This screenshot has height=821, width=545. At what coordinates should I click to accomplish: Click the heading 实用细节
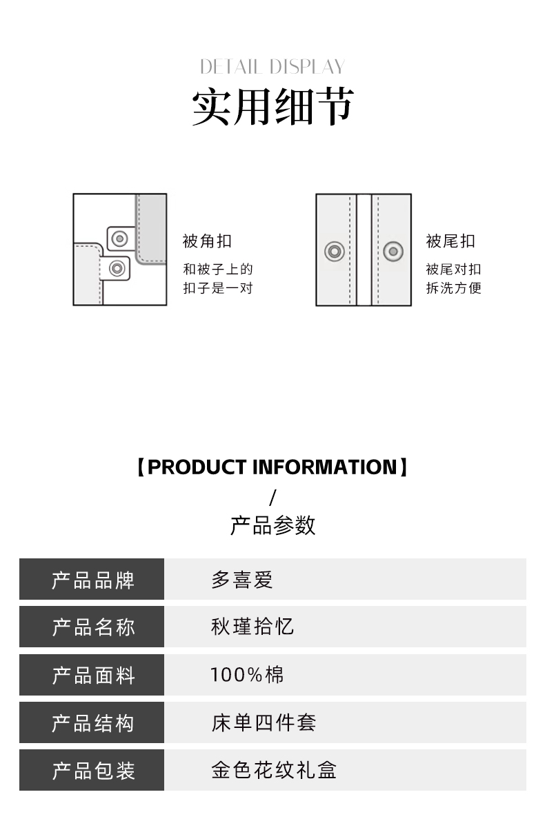coord(272,107)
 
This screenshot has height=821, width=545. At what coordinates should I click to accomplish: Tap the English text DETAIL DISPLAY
coord(272,67)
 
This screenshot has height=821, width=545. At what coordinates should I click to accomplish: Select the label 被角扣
coord(207,241)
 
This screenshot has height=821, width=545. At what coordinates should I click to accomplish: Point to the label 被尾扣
coord(450,241)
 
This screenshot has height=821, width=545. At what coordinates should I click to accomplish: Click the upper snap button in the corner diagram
coord(121,239)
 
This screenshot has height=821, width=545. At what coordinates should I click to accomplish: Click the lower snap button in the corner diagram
coord(117,268)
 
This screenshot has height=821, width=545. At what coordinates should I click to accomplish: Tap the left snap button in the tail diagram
coord(335,251)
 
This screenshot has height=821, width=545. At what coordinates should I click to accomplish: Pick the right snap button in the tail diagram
coord(393,251)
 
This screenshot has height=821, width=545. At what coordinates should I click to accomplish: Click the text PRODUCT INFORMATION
coord(272,467)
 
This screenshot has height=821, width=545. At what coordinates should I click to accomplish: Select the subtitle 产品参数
coord(272,525)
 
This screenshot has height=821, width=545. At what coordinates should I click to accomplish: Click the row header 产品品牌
coord(93,580)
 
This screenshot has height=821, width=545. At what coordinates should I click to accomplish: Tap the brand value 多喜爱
coord(242,580)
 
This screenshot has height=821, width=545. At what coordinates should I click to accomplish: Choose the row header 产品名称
coord(93,627)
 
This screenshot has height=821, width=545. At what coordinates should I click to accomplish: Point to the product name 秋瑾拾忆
coord(252,627)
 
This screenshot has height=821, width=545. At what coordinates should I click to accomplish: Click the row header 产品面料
coord(93,676)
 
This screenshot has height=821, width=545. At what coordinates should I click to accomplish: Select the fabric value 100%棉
coord(247,675)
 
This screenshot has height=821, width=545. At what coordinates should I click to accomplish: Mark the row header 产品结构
coord(93,723)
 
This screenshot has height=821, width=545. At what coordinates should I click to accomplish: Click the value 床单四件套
coord(264,722)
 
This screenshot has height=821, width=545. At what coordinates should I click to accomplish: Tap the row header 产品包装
coord(93,771)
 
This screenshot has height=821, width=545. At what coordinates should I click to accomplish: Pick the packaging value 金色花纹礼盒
coord(274,770)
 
